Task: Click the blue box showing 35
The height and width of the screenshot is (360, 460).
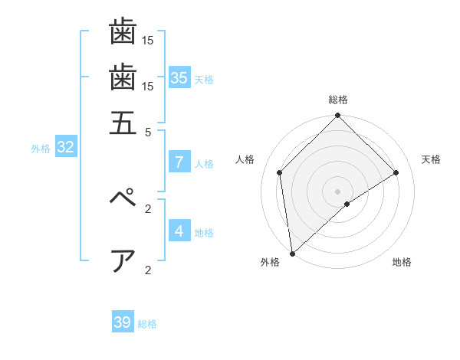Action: [x=179, y=77]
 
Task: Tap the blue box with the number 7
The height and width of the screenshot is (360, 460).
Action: [x=179, y=162]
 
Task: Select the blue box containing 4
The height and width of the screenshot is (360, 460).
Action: [x=179, y=231]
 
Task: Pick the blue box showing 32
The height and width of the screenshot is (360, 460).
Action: [x=65, y=148]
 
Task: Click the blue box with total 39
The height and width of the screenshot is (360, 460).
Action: [x=123, y=322]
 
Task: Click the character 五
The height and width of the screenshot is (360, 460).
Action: [x=123, y=123]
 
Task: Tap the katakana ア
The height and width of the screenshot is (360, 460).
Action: [x=123, y=260]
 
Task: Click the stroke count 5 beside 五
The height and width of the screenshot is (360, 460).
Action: [x=149, y=132]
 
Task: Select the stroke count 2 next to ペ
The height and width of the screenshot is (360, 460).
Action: [x=149, y=208]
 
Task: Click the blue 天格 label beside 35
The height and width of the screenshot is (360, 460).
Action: [x=204, y=80]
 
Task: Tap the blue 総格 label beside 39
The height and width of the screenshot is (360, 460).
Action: [x=147, y=324]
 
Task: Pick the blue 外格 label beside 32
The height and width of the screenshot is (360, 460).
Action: [x=41, y=149]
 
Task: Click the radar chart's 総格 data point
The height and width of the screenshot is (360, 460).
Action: [x=337, y=116]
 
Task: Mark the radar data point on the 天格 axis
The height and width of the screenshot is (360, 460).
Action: [x=396, y=172]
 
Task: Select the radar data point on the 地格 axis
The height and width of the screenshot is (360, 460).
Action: [x=347, y=204]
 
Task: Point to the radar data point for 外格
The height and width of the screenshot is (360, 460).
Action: [x=292, y=253]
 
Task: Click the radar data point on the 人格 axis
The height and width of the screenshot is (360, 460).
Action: [x=280, y=172]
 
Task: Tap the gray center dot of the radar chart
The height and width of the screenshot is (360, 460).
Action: [x=337, y=191]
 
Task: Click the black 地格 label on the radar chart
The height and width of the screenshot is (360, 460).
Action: [x=402, y=263]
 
